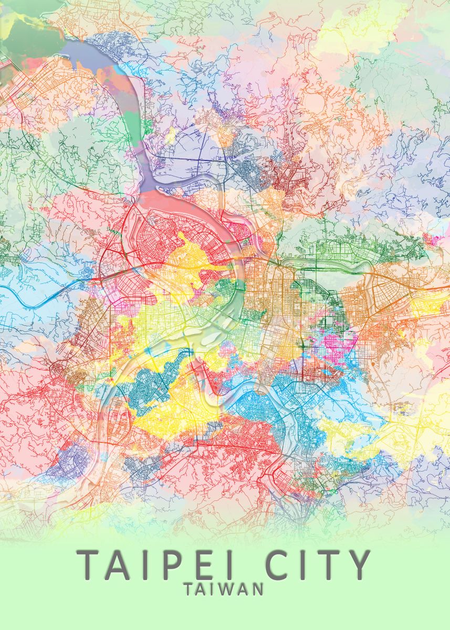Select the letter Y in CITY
(x=358, y=565)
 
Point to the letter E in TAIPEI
(x=200, y=565)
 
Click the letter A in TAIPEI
(x=118, y=565)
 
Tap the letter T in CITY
(x=326, y=565)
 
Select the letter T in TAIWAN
(x=190, y=589)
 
